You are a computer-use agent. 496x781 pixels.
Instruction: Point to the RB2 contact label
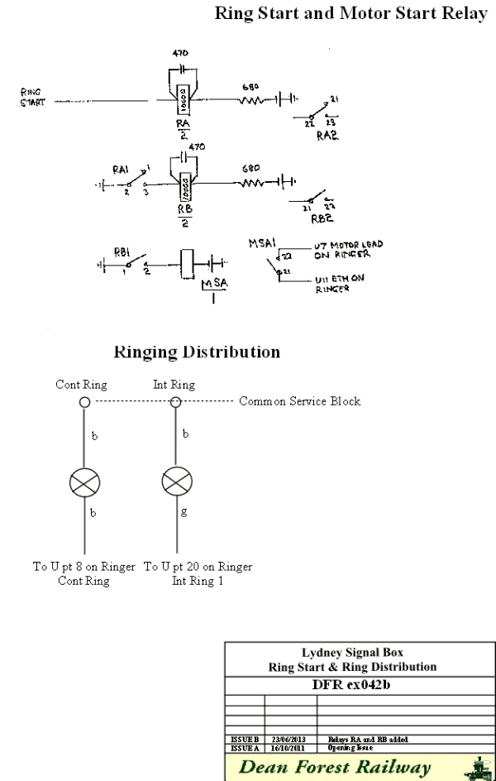point(320,220)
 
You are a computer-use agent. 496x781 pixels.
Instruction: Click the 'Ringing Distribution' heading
point(196,352)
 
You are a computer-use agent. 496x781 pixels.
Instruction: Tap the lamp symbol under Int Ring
point(175,483)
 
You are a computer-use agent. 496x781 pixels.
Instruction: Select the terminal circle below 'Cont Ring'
point(84,402)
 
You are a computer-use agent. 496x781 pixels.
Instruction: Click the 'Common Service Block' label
point(300,402)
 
